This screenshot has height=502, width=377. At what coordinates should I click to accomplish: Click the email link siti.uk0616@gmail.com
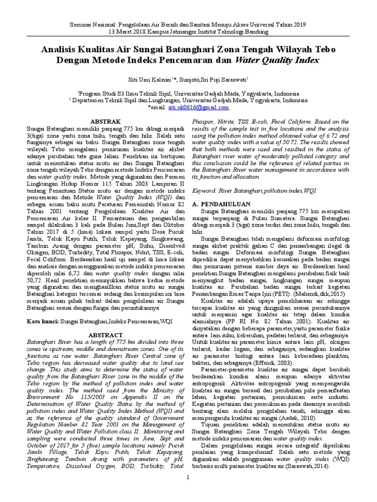coord(198,107)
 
